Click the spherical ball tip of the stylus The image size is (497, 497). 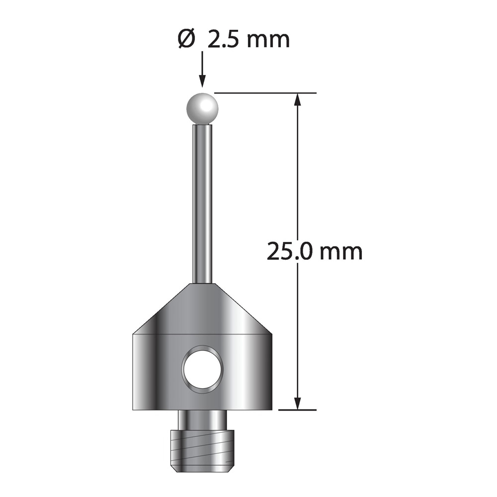[202, 108]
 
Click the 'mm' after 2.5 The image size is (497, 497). [268, 41]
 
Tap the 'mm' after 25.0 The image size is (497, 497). [341, 253]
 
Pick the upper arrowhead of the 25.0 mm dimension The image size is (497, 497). [297, 99]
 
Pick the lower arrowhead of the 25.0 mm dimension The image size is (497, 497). [297, 403]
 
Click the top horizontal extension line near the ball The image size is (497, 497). [265, 93]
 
